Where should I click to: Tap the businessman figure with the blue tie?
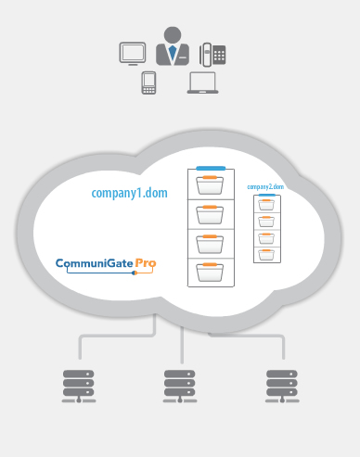click(x=173, y=45)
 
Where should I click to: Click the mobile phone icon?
click(x=148, y=83)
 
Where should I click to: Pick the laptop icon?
click(x=202, y=83)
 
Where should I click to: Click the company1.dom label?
click(x=128, y=193)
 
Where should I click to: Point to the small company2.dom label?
click(x=266, y=186)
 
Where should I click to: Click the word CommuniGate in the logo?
click(x=94, y=263)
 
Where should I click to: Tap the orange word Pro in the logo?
click(x=146, y=263)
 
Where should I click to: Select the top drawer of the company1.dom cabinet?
click(x=210, y=184)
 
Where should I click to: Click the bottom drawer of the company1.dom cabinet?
click(x=210, y=273)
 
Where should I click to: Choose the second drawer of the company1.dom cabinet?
click(x=210, y=214)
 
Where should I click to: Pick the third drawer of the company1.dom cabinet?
click(x=210, y=244)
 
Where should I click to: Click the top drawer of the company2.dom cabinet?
click(x=267, y=205)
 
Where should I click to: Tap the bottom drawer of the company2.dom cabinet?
click(x=267, y=253)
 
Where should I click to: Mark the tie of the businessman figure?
click(x=173, y=51)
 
